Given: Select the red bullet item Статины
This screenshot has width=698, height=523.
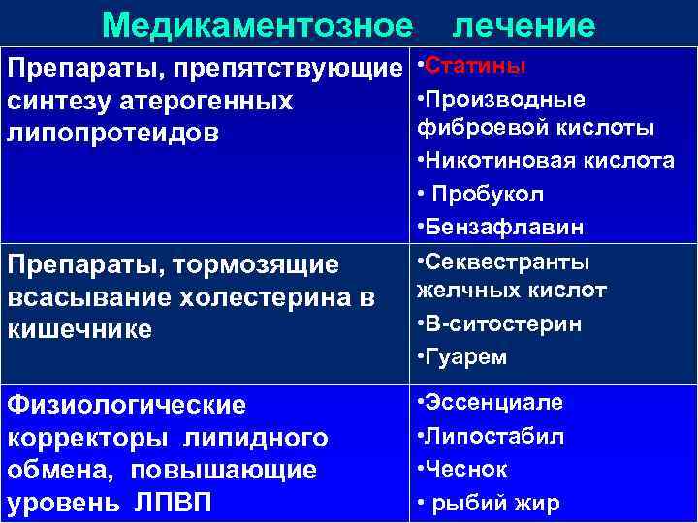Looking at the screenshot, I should pos(476,66).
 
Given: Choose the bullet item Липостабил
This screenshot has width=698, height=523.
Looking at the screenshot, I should pos(494,436).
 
